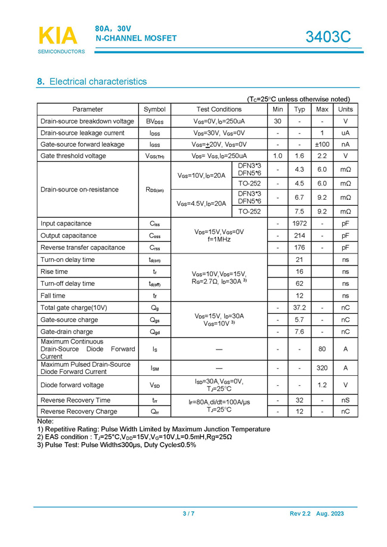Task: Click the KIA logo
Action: [x=58, y=36]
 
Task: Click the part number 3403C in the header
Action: [x=328, y=37]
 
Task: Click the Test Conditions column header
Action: [x=219, y=109]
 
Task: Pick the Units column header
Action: [x=345, y=109]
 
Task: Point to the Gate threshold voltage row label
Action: [x=73, y=156]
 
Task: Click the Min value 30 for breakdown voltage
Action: [x=278, y=121]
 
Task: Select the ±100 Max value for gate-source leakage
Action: [x=322, y=144]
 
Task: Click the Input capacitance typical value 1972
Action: [x=299, y=224]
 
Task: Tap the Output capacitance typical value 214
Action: [x=299, y=236]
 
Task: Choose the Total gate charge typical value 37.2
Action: [x=299, y=307]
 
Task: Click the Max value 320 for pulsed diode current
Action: [x=322, y=368]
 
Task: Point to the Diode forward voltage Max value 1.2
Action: [x=322, y=385]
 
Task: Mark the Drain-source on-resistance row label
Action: [x=79, y=189]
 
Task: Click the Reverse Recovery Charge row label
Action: [x=79, y=411]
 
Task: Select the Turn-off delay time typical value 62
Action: [x=299, y=283]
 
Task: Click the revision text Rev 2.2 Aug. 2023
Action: [x=317, y=514]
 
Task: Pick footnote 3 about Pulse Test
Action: [x=116, y=445]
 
